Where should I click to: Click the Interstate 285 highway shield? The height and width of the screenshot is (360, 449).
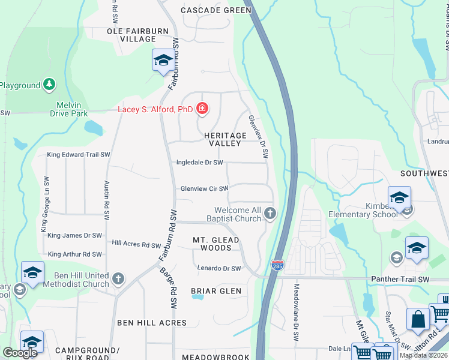click(x=277, y=265)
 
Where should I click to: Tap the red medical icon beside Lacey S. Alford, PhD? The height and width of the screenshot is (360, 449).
click(x=203, y=109)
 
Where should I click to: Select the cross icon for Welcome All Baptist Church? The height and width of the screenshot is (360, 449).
click(x=271, y=213)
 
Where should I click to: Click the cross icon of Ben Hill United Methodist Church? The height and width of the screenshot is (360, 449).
click(x=118, y=278)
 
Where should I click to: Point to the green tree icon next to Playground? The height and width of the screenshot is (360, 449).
click(x=49, y=85)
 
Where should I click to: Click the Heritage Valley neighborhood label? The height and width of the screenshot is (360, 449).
click(x=224, y=140)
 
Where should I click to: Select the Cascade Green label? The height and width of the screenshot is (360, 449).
click(x=216, y=10)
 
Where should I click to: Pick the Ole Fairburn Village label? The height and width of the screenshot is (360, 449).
click(x=131, y=35)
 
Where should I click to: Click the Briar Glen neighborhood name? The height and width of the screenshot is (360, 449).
click(x=216, y=291)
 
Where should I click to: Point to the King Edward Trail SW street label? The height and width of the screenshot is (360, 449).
click(x=78, y=155)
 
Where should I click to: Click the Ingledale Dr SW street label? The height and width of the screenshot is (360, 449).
click(x=199, y=163)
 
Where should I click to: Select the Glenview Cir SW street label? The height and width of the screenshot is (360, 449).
click(x=205, y=189)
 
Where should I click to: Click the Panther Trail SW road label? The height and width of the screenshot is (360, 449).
click(x=400, y=280)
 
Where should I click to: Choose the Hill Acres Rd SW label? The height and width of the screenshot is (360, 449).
click(x=136, y=245)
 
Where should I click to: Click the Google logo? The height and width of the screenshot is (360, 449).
click(x=20, y=353)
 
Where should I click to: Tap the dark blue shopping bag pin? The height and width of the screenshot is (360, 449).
click(x=418, y=319)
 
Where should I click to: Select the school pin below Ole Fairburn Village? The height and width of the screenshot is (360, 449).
click(x=162, y=60)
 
